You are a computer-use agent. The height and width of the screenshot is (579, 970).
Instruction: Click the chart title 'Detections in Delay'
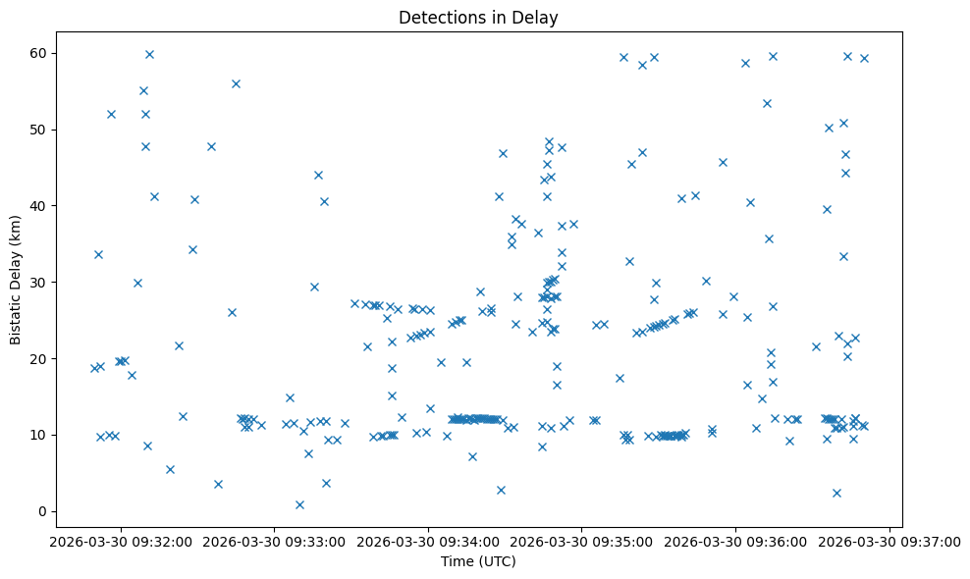pos(478,18)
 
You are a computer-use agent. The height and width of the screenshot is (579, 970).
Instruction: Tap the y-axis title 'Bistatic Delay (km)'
pos(16,280)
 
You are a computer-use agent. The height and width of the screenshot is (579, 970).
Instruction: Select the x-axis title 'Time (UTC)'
pos(478,561)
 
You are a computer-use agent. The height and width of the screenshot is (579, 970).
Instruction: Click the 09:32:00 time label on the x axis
pos(121,540)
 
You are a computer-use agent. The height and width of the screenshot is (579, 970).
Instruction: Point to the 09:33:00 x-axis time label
pos(275,540)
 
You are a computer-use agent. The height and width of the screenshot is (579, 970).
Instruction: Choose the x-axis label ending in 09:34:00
pos(428,540)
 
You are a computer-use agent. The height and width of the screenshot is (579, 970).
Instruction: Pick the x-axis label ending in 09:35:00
pos(582,540)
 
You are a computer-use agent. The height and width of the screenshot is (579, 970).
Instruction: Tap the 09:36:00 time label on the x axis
pos(735,540)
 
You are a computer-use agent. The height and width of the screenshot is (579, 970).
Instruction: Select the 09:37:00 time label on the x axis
pos(889,540)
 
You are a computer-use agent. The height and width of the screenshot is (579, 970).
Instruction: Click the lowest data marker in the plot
pos(299,504)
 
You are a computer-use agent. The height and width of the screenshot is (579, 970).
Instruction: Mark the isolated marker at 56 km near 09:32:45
pos(236,83)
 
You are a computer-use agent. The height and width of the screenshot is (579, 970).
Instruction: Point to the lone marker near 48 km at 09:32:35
pos(211,146)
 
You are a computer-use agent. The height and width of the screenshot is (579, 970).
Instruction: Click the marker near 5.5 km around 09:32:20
pos(170,469)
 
